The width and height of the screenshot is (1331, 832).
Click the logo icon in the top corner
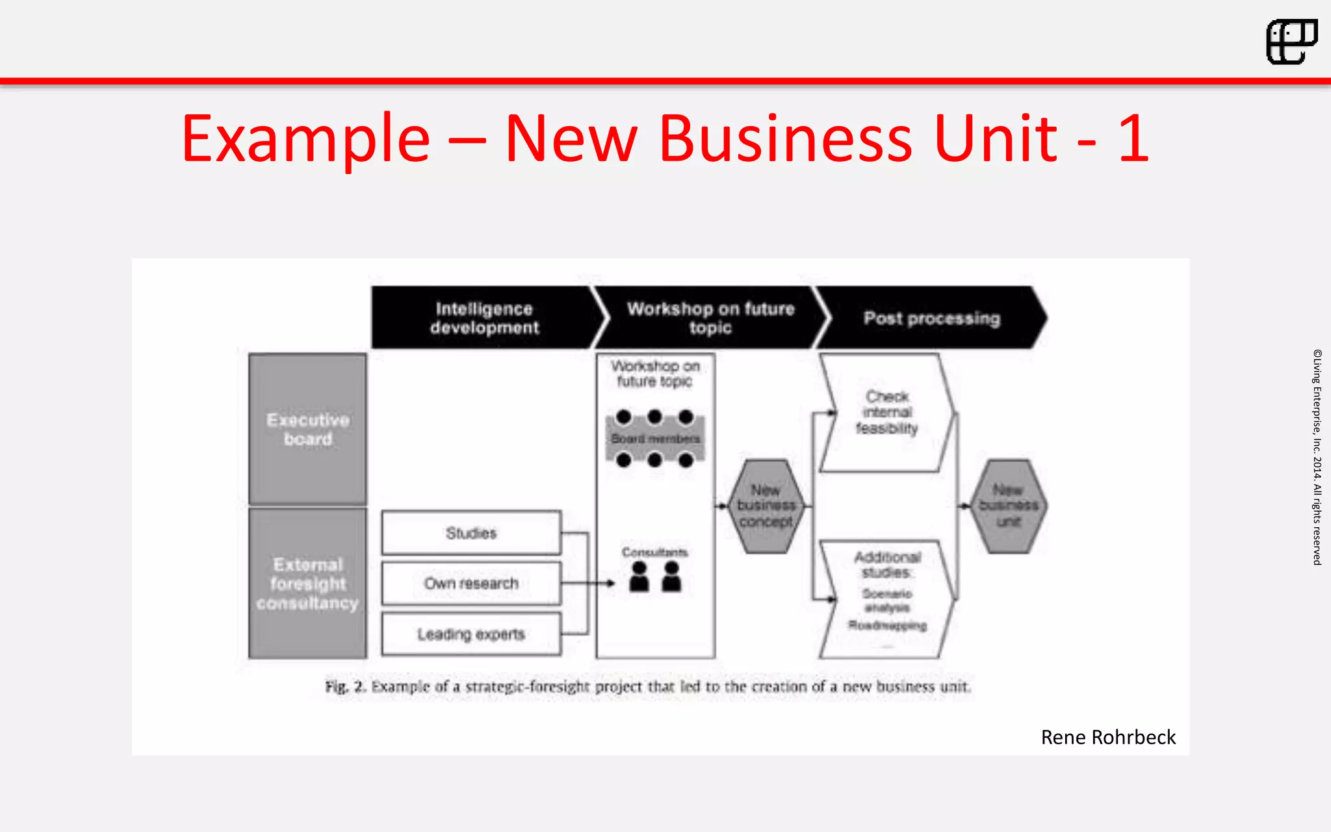click(x=1291, y=42)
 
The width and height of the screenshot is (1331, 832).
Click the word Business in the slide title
click(x=786, y=139)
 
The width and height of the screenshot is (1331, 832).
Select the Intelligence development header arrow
click(x=485, y=318)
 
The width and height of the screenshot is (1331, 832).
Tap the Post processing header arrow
click(x=931, y=318)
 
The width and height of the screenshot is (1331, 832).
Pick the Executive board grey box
click(x=308, y=429)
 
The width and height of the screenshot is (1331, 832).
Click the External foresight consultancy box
click(x=308, y=583)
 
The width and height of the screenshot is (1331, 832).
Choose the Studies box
click(x=471, y=533)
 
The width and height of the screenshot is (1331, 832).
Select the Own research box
click(x=471, y=583)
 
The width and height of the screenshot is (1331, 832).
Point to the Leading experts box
click(x=471, y=634)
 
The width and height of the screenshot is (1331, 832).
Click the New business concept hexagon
click(x=766, y=506)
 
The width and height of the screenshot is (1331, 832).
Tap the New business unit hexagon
click(x=1009, y=506)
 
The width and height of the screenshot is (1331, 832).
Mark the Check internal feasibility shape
click(x=887, y=412)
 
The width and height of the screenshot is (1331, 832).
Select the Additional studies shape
click(x=887, y=598)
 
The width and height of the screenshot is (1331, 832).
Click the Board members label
click(x=655, y=439)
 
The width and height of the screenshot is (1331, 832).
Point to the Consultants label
click(x=654, y=552)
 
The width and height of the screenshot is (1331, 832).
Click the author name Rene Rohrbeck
click(x=1108, y=737)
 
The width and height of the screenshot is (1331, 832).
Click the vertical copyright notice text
click(x=1317, y=457)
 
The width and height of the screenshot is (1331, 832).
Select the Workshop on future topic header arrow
click(x=710, y=318)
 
